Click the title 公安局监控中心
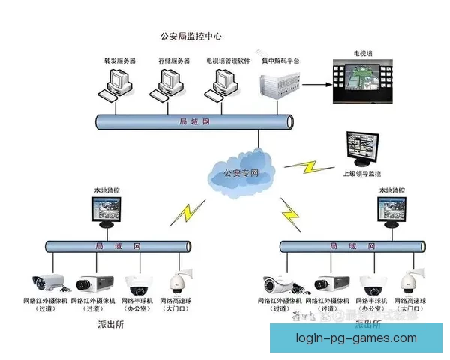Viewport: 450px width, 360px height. [x=191, y=36]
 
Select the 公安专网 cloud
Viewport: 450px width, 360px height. [x=240, y=172]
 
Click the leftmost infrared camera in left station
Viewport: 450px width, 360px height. [x=49, y=282]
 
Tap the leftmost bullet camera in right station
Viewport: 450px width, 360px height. [x=280, y=283]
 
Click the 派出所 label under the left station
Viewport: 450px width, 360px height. [x=110, y=325]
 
